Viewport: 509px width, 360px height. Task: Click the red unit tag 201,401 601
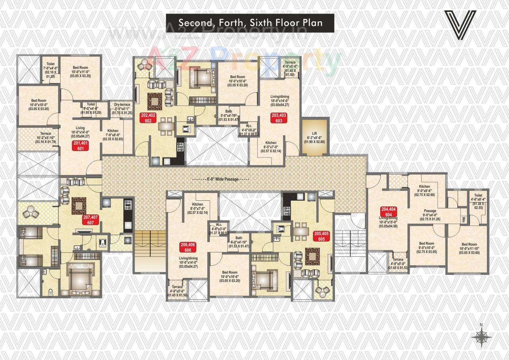point(80,145)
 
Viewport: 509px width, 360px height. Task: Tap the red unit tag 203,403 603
point(279,118)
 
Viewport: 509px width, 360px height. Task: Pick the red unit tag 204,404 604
point(389,212)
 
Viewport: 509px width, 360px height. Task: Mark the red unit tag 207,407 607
point(91,220)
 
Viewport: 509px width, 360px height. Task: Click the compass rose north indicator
point(481,336)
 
